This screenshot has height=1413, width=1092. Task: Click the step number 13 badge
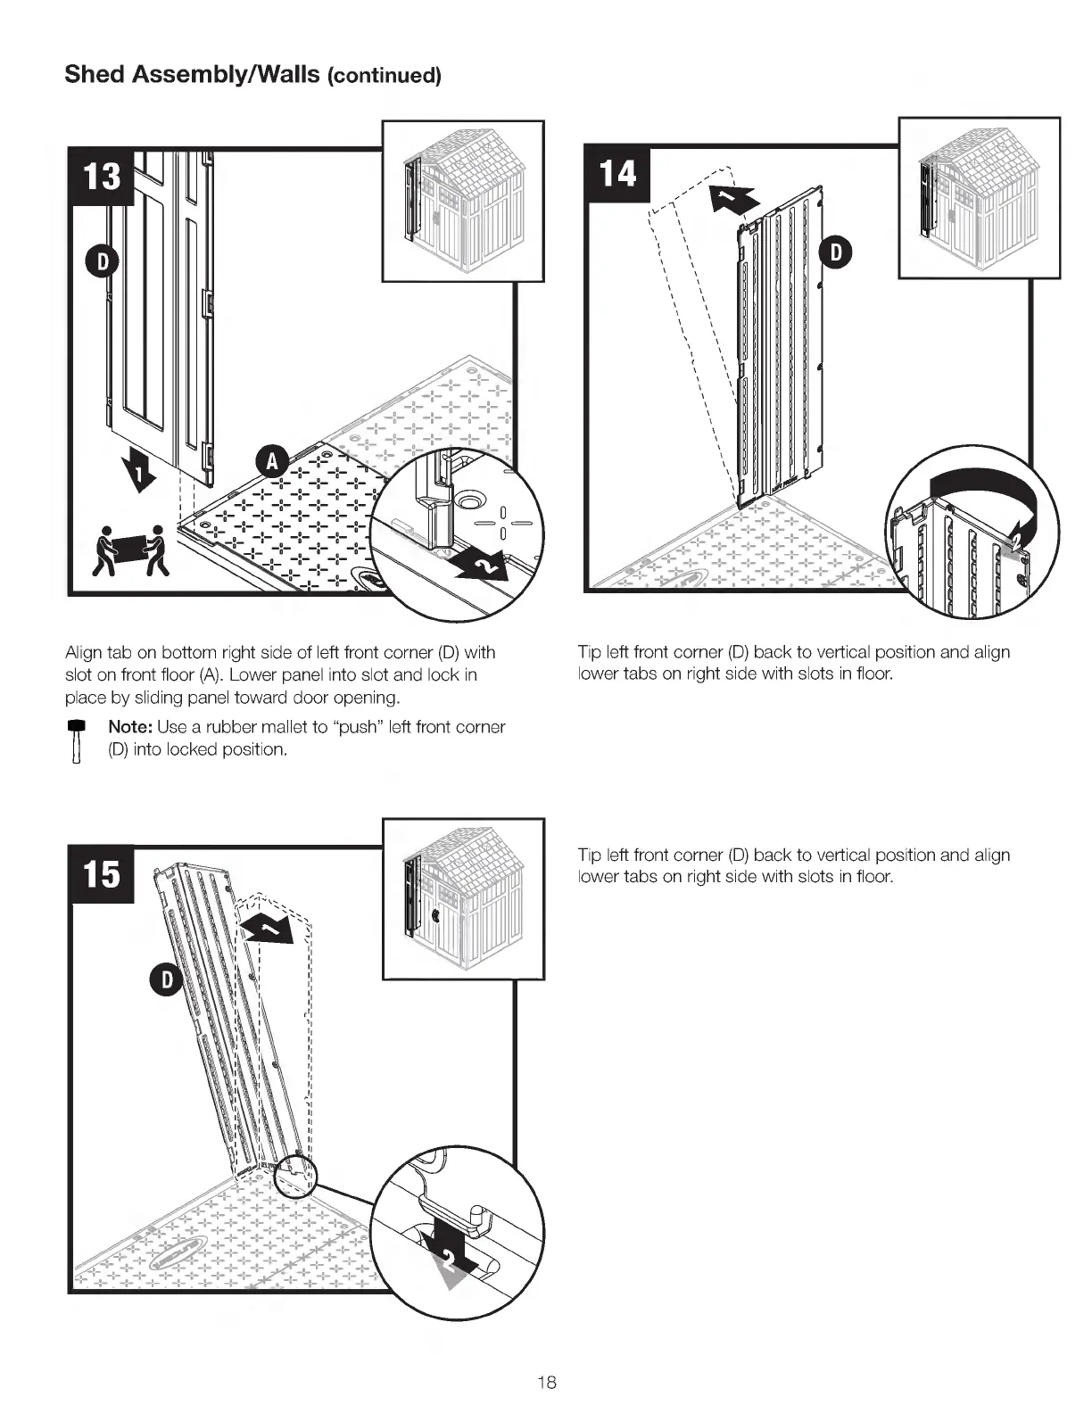[102, 175]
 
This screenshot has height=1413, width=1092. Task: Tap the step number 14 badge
[616, 173]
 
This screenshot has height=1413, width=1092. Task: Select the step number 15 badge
[102, 873]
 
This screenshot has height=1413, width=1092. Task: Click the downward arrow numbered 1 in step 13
[139, 467]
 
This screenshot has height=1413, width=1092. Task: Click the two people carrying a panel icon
[133, 551]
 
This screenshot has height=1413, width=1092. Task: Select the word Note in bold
[129, 727]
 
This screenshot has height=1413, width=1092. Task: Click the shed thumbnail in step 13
[462, 202]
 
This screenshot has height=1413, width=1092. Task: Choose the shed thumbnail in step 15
[462, 899]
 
